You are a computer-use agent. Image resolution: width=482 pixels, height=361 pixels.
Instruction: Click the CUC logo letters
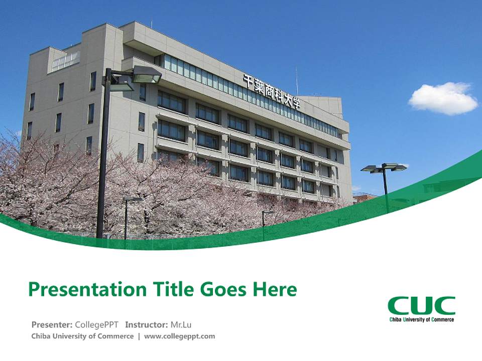(421, 305)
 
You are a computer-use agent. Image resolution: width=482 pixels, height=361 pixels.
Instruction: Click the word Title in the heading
(172, 290)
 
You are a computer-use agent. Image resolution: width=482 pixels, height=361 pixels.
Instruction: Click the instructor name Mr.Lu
(181, 324)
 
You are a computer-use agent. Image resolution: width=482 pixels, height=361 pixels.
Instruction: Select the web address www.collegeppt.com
(179, 336)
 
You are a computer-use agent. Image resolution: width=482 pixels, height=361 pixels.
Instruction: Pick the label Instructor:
(146, 324)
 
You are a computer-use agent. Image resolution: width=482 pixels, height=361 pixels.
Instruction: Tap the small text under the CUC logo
(421, 319)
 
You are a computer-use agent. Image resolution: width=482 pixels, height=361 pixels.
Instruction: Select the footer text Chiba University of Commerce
(82, 336)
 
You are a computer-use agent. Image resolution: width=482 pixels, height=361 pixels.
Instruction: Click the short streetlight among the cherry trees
(126, 211)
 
